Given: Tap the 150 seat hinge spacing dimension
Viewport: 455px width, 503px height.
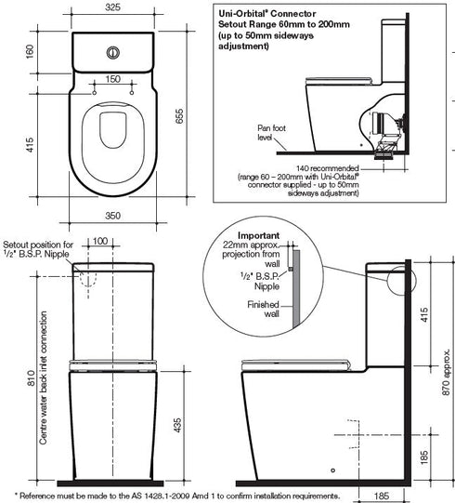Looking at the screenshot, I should pyautogui.click(x=112, y=80).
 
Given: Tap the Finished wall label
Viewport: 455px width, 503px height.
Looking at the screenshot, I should pyautogui.click(x=263, y=309).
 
